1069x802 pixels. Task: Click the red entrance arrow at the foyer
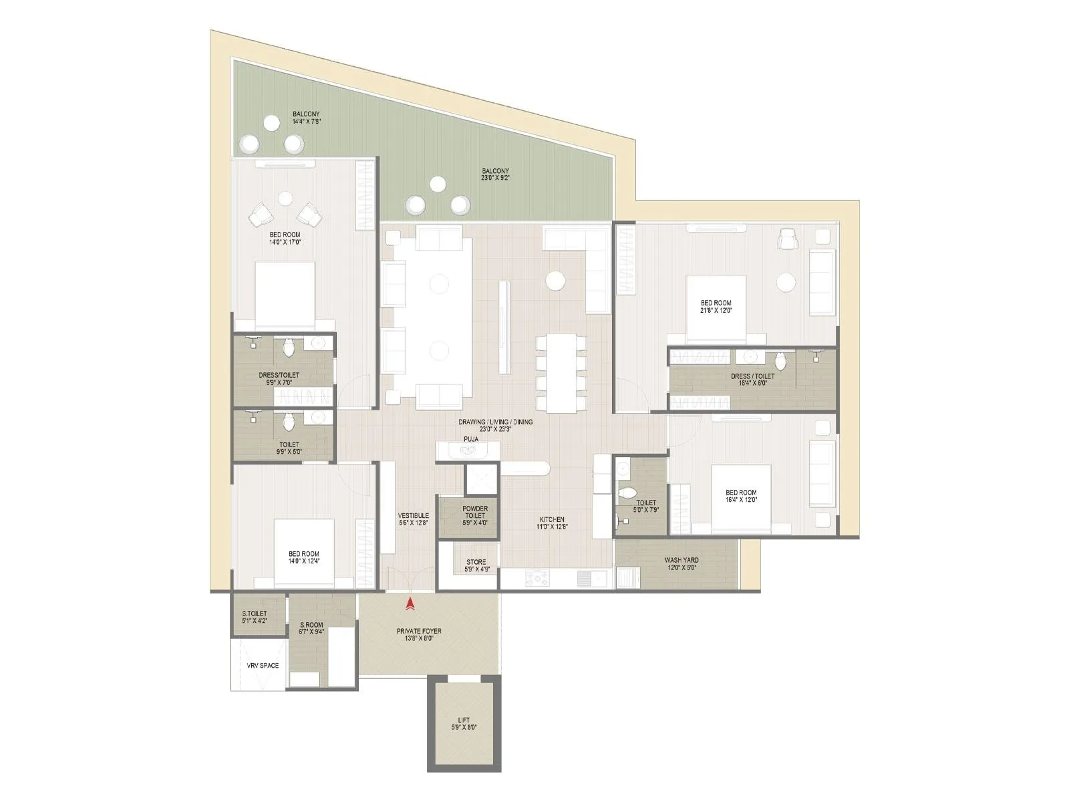pyautogui.click(x=410, y=604)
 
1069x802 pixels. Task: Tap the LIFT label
pyautogui.click(x=464, y=720)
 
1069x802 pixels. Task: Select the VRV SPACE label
pyautogui.click(x=263, y=666)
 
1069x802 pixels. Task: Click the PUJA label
pyautogui.click(x=471, y=439)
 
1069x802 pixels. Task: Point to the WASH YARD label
pyautogui.click(x=681, y=560)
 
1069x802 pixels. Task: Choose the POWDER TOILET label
pyautogui.click(x=475, y=512)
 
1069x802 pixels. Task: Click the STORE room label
pyautogui.click(x=476, y=562)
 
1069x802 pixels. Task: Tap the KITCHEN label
pyautogui.click(x=553, y=519)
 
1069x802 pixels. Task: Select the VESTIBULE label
pyautogui.click(x=413, y=516)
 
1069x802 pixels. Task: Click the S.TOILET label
pyautogui.click(x=255, y=614)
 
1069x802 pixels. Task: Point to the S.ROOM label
pyautogui.click(x=311, y=626)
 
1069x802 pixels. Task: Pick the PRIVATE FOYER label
pyautogui.click(x=419, y=631)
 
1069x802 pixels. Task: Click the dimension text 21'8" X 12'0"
pyautogui.click(x=716, y=311)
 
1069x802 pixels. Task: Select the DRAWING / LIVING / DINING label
pyautogui.click(x=495, y=422)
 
